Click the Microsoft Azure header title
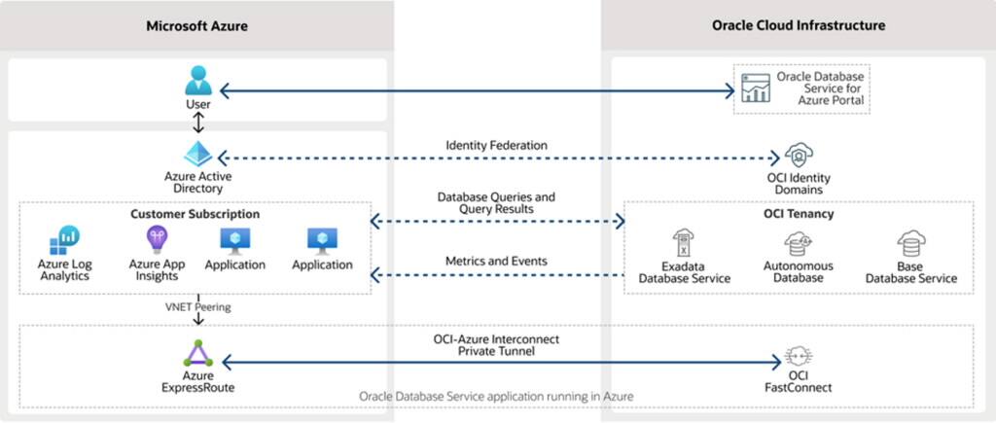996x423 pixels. tap(196, 26)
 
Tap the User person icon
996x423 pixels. tap(197, 80)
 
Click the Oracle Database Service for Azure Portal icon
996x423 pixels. tap(755, 88)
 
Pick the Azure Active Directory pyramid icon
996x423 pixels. tap(198, 155)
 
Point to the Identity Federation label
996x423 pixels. tap(496, 146)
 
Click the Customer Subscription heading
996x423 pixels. tap(196, 213)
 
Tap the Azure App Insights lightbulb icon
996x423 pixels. tap(157, 238)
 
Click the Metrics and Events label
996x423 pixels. tap(496, 262)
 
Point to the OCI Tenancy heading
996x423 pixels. tap(798, 214)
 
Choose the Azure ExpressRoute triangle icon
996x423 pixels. tap(198, 351)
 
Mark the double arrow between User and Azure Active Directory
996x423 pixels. tap(198, 123)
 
